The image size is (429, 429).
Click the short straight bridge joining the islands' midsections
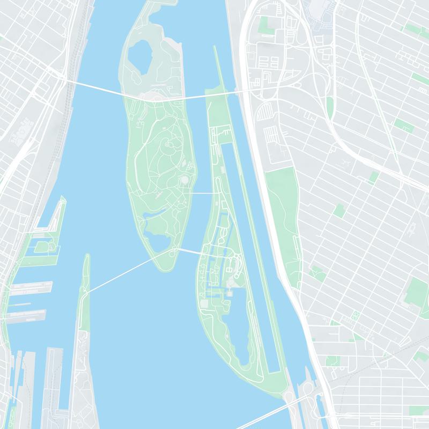point(203,193)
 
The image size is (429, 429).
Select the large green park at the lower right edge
point(416,290)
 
